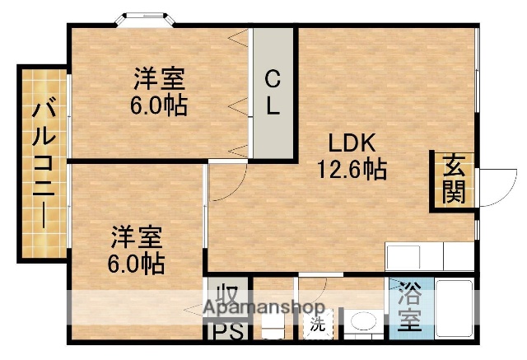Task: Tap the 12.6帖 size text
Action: click(352, 169)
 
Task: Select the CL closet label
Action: click(273, 92)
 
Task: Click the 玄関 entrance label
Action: click(454, 179)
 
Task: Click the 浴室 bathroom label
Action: click(409, 307)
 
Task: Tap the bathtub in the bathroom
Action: click(452, 308)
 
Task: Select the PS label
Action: click(226, 332)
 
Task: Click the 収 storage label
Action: click(226, 295)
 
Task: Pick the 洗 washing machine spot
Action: click(317, 324)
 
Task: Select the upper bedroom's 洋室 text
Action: click(160, 79)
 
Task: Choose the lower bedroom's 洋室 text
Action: click(138, 237)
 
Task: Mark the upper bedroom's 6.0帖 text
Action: click(160, 105)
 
